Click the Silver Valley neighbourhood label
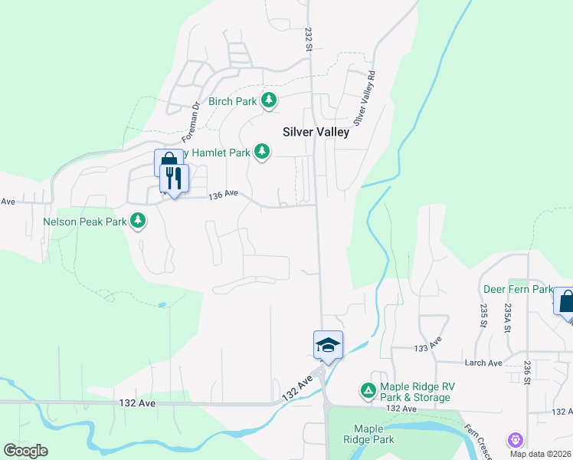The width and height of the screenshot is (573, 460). point(316,132)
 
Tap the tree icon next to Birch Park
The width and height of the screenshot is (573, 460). point(269,100)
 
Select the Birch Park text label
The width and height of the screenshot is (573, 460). point(233,101)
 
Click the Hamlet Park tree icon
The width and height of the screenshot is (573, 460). point(262,152)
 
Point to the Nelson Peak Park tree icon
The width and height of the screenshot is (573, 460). point(138,222)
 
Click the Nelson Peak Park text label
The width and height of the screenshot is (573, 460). point(85,222)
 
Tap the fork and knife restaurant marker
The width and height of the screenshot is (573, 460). point(174,179)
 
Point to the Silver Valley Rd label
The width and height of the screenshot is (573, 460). point(365,99)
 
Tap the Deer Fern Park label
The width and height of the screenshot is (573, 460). point(518,290)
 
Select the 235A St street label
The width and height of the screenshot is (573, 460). point(507,317)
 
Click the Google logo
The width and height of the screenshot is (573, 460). point(25,451)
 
